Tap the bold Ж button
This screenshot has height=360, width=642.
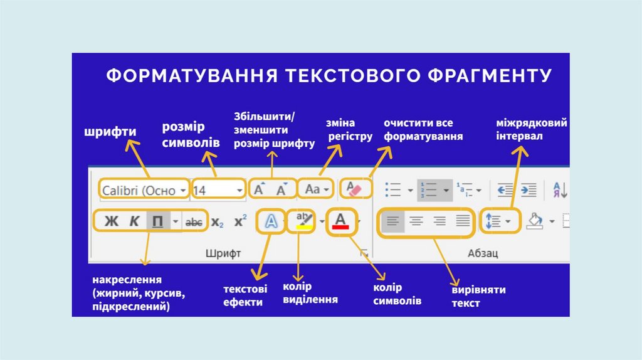tap(112, 221)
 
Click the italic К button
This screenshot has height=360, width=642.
tap(134, 221)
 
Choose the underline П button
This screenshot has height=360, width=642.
tap(158, 221)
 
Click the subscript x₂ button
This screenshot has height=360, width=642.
tap(217, 221)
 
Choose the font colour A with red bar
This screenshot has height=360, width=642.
tap(340, 221)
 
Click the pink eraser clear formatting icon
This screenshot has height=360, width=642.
tap(355, 188)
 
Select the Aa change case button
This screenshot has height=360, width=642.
tap(313, 189)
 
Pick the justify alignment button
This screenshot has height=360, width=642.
tap(463, 221)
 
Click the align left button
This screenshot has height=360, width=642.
tap(393, 221)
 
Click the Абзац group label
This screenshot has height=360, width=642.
tap(483, 253)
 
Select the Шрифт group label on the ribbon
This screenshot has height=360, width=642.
tap(223, 253)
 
